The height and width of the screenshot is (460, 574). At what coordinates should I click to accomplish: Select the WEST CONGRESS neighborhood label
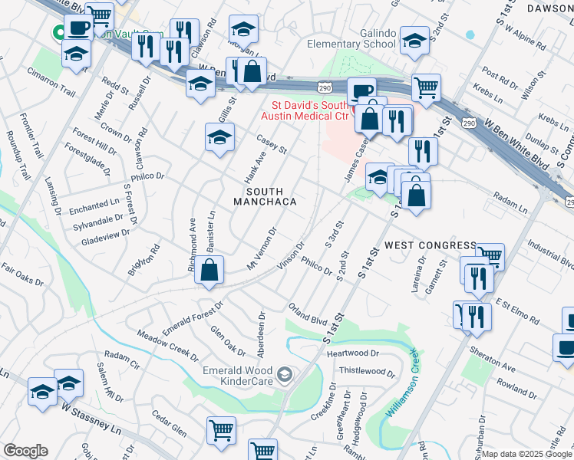tap(430, 245)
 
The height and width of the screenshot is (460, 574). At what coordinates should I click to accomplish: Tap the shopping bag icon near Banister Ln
tap(209, 271)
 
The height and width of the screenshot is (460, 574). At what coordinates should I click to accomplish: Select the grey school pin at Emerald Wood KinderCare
tap(285, 374)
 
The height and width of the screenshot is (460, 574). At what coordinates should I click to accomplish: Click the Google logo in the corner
tap(25, 451)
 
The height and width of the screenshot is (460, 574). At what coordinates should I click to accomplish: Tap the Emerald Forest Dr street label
tap(193, 317)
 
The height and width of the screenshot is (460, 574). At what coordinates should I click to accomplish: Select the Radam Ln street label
tap(510, 203)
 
